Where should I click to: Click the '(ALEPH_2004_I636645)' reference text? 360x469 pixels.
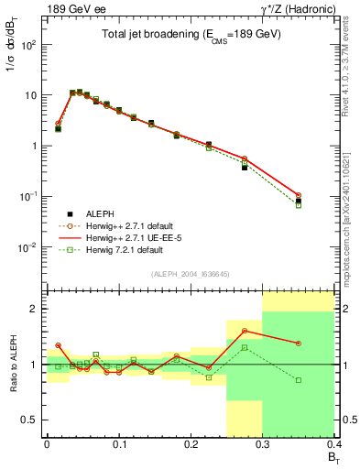point(190,274)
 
